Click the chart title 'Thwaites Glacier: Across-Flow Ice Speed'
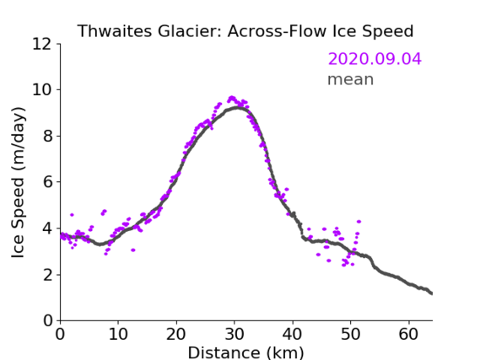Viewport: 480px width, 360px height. coord(245,31)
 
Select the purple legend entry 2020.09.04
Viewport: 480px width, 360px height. coord(375,59)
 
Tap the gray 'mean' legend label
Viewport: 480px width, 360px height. coord(351,79)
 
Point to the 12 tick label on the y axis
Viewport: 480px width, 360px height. coord(42,44)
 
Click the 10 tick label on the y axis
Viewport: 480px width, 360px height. coord(42,90)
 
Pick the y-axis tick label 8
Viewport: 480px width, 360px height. coord(47,136)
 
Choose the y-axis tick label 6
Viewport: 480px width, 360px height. coord(47,182)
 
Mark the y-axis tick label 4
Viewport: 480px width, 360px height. coord(47,228)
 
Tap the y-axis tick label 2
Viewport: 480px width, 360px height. coord(47,275)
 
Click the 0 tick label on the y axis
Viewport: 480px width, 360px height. coord(47,321)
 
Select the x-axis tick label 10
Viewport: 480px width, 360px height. coord(118,334)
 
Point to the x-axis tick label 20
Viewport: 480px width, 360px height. coord(176,334)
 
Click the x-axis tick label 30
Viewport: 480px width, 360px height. coord(235,334)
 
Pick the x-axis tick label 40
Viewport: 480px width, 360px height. coord(293,334)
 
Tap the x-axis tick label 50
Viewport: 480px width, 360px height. coord(351,334)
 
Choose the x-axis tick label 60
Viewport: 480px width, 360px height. coord(408,334)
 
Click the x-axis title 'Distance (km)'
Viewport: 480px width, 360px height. coord(245,352)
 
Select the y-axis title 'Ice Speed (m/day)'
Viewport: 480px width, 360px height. coord(18,183)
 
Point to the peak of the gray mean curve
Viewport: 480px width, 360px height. coord(238,108)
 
